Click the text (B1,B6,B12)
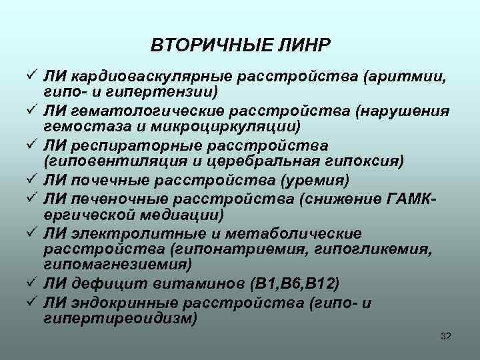(294, 284)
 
